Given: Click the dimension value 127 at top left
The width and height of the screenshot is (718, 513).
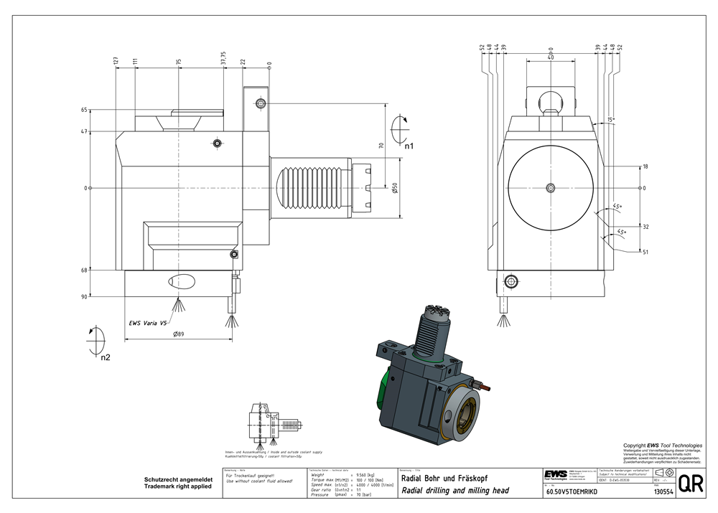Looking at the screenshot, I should click(116, 62).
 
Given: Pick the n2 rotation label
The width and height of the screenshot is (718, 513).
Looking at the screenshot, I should click(106, 357).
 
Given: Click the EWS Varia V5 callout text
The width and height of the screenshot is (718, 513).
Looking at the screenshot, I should click(149, 323).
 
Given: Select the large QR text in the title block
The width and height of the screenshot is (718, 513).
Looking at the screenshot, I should click(690, 484).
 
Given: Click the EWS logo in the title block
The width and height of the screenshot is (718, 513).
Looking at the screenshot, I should click(555, 477).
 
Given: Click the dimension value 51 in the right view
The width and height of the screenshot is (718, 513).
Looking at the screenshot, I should click(645, 252).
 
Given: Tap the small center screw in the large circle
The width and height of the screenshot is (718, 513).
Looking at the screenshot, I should click(549, 188).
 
